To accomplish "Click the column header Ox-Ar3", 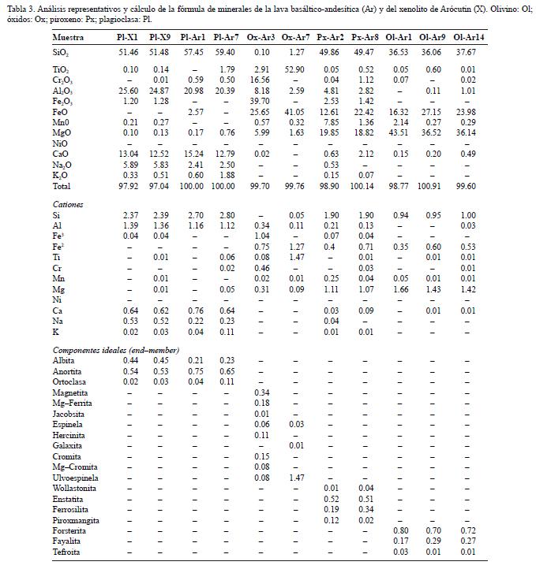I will (261, 38).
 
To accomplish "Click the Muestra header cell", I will (69, 38).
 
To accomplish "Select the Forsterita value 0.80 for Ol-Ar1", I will (401, 530).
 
